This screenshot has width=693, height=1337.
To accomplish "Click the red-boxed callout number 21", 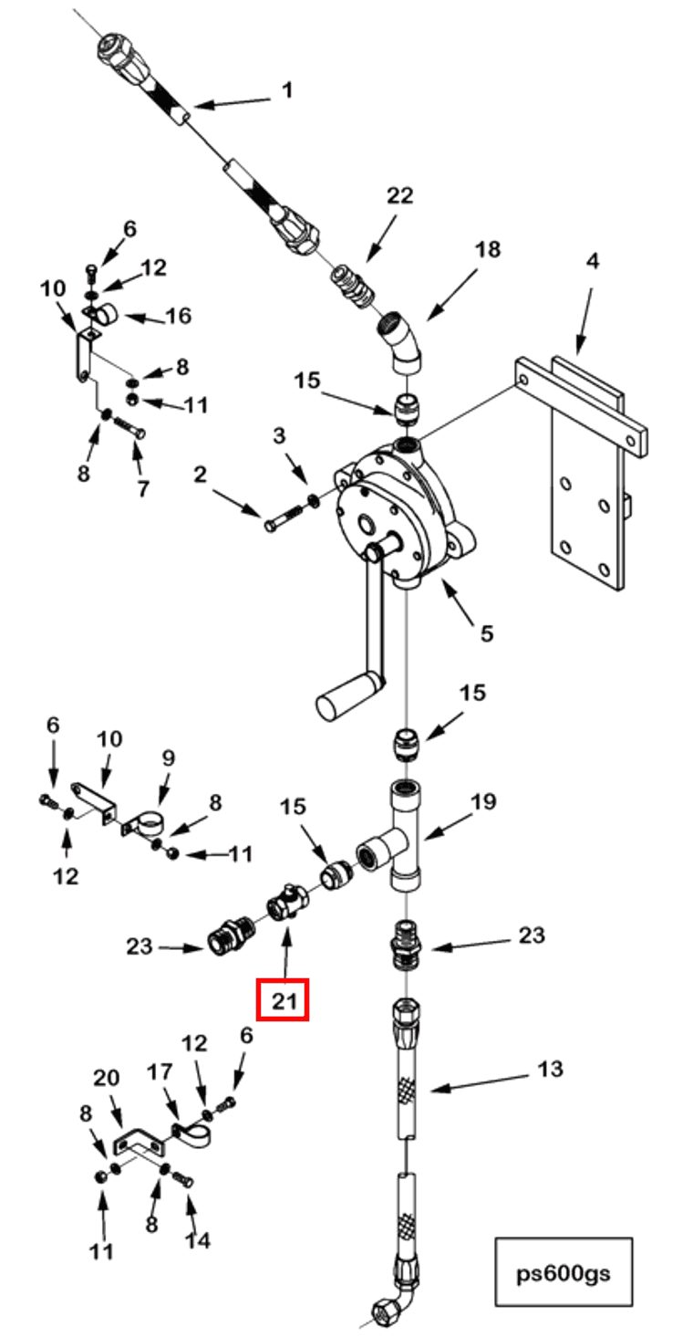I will (x=284, y=1000).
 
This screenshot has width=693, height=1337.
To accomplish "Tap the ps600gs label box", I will (x=564, y=1271).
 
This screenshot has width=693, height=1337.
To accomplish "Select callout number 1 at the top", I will (x=286, y=90).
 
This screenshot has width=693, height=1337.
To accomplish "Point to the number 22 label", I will (x=399, y=195).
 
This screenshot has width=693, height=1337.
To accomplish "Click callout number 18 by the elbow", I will (x=490, y=248).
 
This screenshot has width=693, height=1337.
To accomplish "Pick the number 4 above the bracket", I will (x=593, y=262).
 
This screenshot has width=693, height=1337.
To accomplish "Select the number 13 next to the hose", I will (x=551, y=1068).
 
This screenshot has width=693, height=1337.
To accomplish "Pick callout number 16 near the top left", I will (x=178, y=316).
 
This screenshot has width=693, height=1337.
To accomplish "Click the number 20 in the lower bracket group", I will (x=107, y=1077).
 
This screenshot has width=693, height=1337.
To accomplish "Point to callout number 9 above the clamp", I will (x=169, y=757).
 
